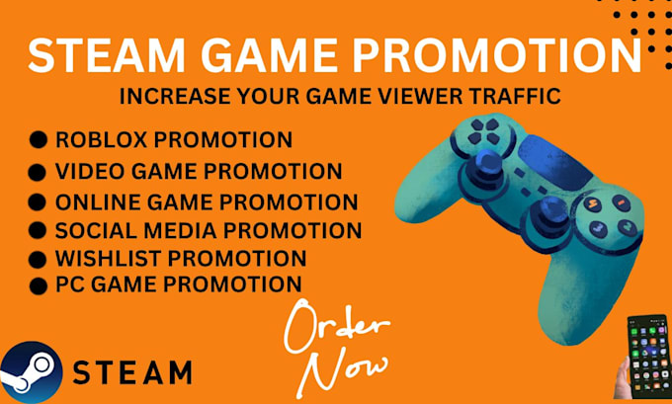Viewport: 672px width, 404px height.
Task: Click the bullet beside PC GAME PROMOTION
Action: (39, 286)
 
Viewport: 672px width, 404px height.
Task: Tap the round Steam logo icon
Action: (30, 371)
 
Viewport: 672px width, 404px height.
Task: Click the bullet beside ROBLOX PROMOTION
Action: (39, 141)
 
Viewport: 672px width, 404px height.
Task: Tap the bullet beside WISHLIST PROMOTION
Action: (39, 260)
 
